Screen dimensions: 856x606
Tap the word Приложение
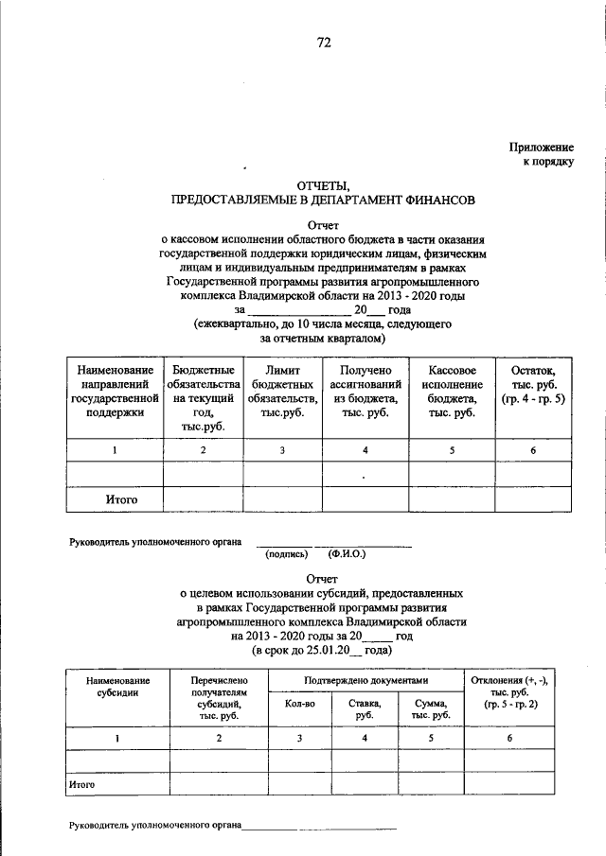point(542,148)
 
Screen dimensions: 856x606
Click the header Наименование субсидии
point(117,687)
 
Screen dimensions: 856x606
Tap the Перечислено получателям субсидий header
point(218,699)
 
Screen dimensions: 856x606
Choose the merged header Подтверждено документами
point(365,681)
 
